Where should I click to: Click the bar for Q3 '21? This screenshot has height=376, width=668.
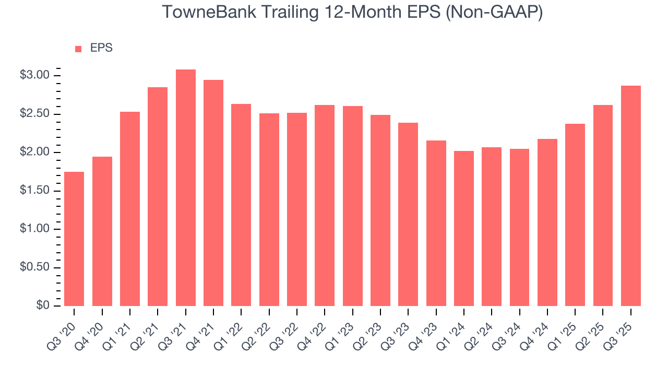[x=186, y=188]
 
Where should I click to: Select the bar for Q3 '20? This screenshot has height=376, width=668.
[x=74, y=239]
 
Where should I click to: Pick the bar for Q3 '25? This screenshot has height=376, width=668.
[x=631, y=196]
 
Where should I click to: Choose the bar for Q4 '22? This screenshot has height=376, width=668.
[x=325, y=206]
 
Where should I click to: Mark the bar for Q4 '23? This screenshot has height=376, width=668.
[x=436, y=224]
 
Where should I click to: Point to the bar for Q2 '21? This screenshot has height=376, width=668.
[x=158, y=197]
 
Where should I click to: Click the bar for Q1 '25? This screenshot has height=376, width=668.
[x=575, y=215]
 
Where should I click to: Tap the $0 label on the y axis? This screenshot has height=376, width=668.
[x=42, y=306]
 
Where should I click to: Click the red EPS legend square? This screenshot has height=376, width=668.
[x=78, y=49]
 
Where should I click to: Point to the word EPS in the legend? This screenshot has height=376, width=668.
[x=101, y=48]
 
